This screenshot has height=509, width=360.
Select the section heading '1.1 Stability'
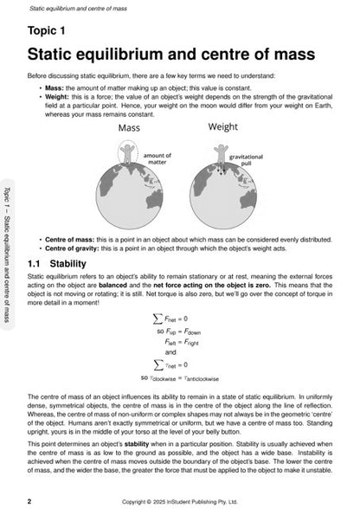[x=56, y=261]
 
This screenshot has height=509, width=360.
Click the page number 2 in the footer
[x=30, y=500]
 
